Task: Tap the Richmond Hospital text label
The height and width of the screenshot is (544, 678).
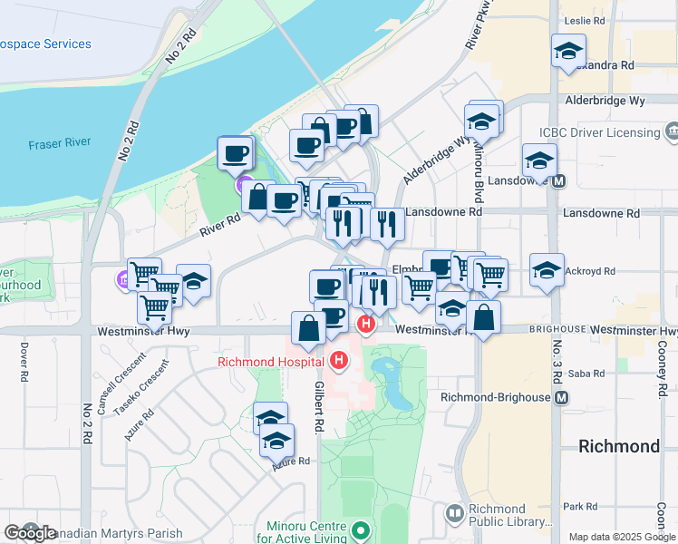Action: point(270,362)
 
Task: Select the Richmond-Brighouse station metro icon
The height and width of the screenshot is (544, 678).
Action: point(563,398)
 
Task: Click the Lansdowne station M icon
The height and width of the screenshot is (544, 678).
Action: point(561,180)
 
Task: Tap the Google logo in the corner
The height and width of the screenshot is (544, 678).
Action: point(30,533)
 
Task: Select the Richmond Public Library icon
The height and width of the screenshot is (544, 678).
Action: point(454,515)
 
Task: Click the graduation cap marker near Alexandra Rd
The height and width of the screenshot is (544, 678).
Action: point(568,51)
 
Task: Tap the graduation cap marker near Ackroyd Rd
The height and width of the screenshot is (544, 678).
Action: point(547,270)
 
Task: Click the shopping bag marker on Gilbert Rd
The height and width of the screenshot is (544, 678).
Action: point(308,328)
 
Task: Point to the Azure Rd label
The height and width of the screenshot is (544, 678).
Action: point(292,461)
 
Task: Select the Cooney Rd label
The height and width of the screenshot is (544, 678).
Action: point(661,372)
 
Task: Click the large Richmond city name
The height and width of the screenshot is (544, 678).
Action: point(620,447)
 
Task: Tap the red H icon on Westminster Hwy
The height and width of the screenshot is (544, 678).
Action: point(366,324)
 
